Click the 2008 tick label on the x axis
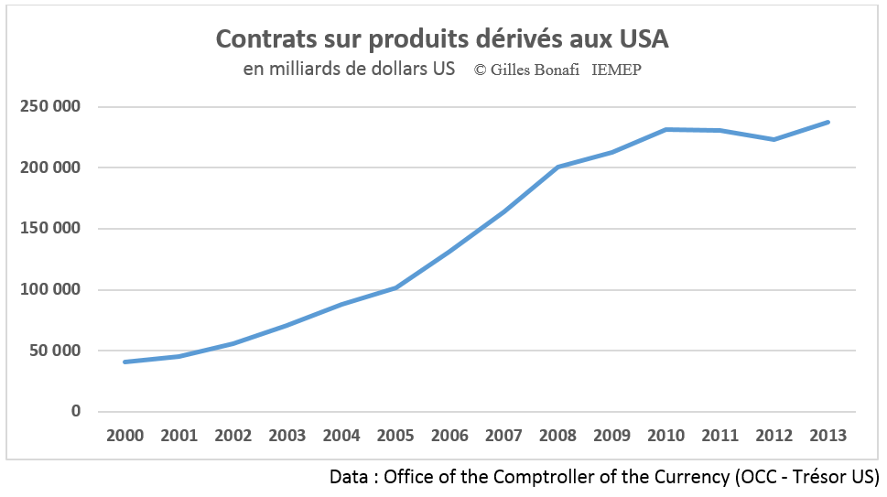click(558, 436)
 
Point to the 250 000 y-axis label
click(50, 107)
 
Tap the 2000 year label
click(125, 436)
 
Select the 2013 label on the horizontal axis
click(828, 436)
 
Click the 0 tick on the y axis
click(76, 412)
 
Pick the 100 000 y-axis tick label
click(50, 290)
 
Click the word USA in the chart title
click(643, 39)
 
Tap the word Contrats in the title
click(260, 39)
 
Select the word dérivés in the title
click(509, 39)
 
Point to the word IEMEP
click(617, 70)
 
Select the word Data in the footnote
click(350, 478)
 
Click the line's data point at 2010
click(666, 130)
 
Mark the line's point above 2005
click(395, 287)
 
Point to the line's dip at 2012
click(774, 139)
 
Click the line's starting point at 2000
click(125, 362)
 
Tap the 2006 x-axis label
click(449, 436)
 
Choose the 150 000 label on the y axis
click(50, 229)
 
